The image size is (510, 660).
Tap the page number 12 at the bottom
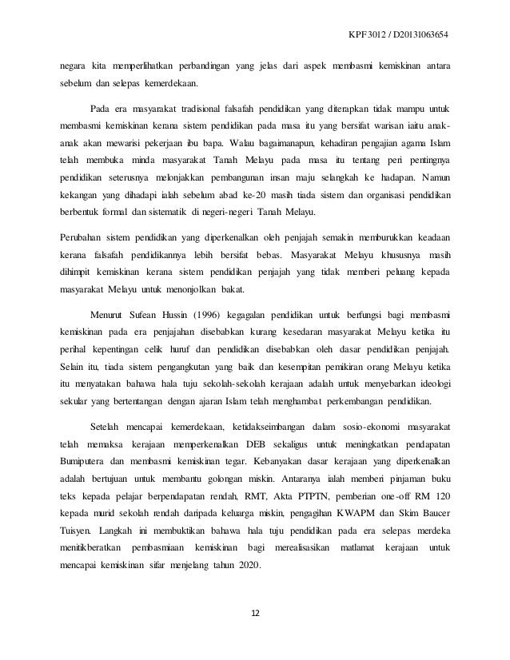click(255, 614)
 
